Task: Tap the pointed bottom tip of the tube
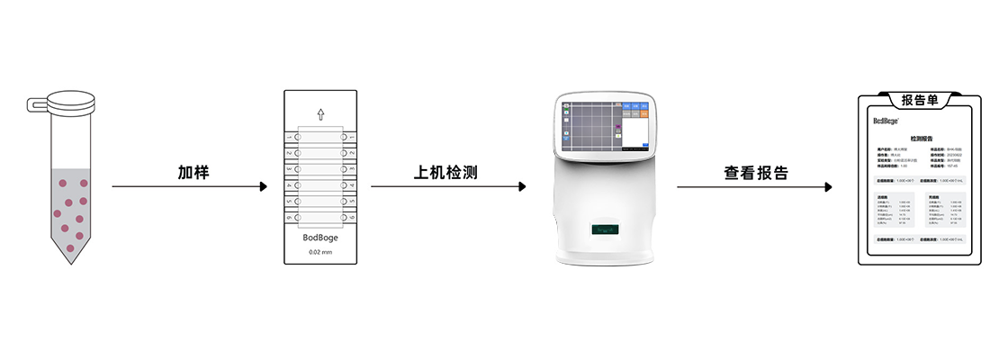(68, 262)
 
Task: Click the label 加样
(193, 172)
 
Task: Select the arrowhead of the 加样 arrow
(263, 187)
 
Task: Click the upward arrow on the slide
(321, 114)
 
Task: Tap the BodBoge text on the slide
(321, 238)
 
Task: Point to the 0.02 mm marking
(321, 252)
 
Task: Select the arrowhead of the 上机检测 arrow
(521, 187)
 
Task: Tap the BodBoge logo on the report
(886, 121)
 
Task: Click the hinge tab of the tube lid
(36, 105)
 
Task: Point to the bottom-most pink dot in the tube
(79, 236)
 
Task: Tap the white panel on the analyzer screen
(635, 132)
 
